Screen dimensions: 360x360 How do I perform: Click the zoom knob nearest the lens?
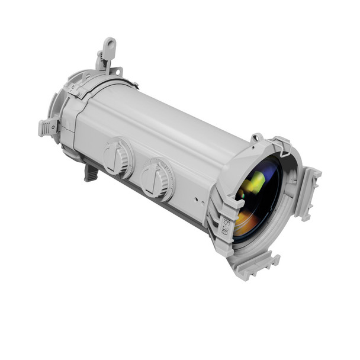coord(157,179)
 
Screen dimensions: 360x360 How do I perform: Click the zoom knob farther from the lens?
coord(118,158)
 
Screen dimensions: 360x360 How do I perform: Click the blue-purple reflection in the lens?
coord(271,172)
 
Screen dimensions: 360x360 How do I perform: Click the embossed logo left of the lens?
coord(225,225)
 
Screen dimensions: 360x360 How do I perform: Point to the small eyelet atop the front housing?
coord(256,138)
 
